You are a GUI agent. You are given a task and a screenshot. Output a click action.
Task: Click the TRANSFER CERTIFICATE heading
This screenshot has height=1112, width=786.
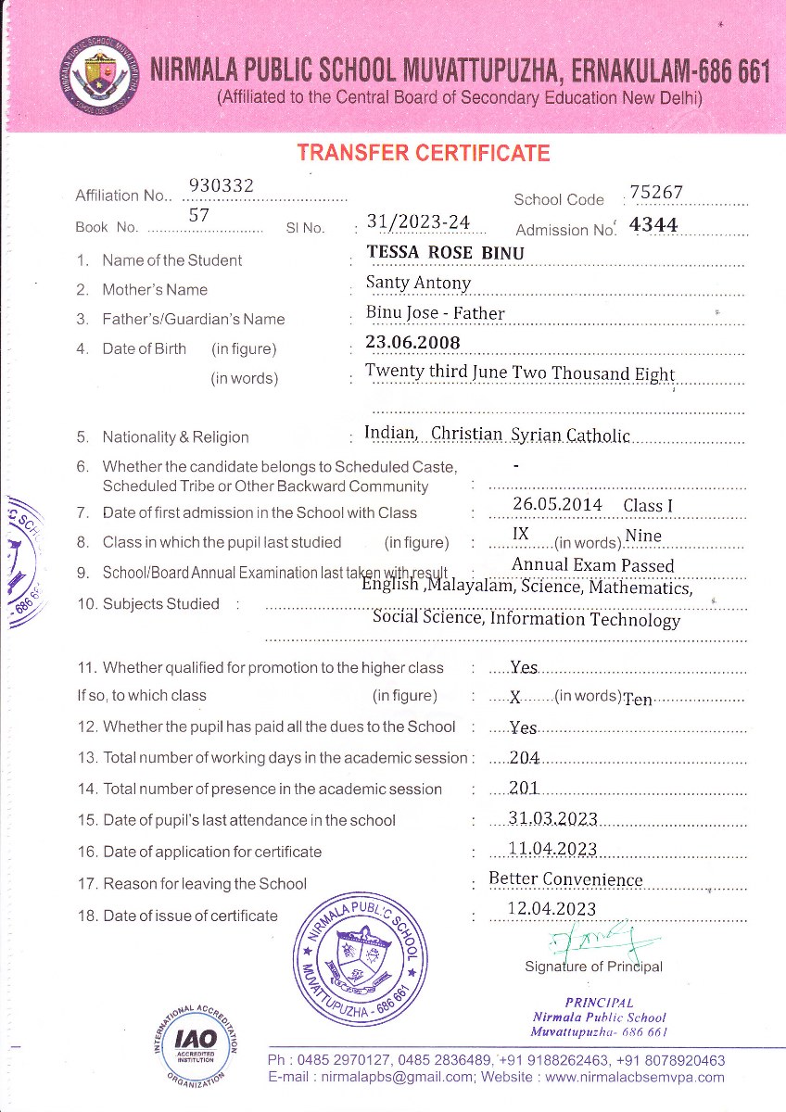click(x=423, y=154)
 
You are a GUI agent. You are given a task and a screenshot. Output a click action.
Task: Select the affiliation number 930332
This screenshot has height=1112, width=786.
click(x=221, y=186)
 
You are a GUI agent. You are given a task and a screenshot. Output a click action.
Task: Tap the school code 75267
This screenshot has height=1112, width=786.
click(x=655, y=192)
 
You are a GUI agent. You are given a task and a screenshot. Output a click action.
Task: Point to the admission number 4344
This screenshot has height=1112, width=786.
click(x=653, y=224)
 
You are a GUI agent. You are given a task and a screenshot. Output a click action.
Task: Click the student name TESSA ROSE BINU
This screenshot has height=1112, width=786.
click(x=445, y=253)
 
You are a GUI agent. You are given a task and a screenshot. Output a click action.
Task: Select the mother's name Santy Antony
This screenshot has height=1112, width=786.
click(x=418, y=283)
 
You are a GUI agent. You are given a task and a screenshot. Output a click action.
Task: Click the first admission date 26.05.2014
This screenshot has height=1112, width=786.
click(x=556, y=505)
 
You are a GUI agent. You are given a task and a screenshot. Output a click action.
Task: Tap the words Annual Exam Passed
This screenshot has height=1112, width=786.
click(x=592, y=565)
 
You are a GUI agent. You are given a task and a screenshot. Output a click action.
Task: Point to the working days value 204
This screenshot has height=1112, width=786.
click(x=525, y=758)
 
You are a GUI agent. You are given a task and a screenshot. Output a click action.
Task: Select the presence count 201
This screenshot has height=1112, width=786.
click(x=525, y=789)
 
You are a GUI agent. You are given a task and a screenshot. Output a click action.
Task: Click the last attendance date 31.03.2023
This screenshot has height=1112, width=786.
click(x=552, y=819)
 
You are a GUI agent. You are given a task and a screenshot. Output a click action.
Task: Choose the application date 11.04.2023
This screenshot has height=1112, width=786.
click(x=552, y=850)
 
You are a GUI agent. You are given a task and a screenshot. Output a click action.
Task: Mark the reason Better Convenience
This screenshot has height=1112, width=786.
click(x=565, y=879)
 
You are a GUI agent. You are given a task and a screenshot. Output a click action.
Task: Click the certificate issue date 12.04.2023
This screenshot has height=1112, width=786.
click(x=552, y=909)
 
